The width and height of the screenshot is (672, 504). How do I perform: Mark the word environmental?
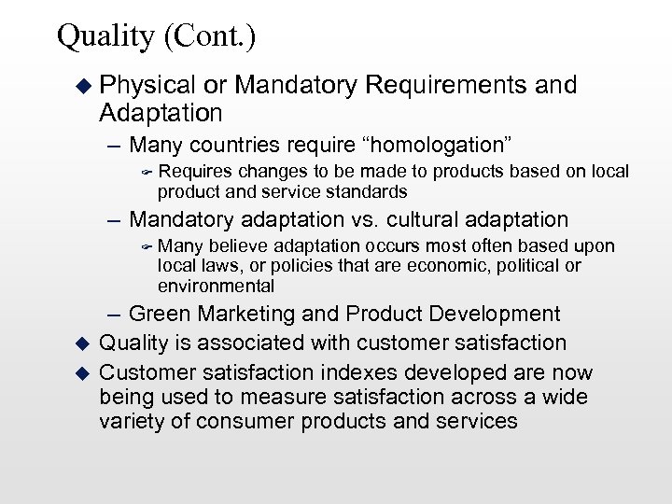pos(217,287)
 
